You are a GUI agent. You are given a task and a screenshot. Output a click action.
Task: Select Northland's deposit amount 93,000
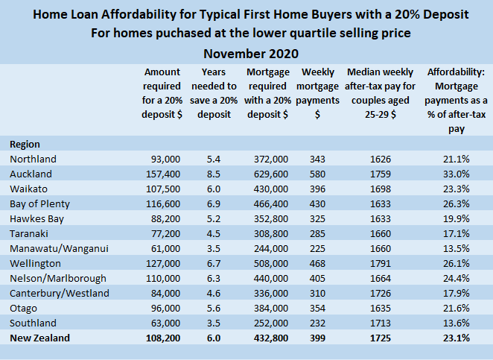[165, 160]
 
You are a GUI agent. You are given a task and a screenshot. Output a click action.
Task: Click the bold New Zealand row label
[41, 338]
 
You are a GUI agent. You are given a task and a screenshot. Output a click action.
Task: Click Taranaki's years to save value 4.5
[210, 234]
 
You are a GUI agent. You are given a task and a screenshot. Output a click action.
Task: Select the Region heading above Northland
[25, 144]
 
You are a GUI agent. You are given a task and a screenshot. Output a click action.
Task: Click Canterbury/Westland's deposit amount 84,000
[165, 294]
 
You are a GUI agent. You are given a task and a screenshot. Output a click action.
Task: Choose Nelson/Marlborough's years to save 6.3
[210, 279]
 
